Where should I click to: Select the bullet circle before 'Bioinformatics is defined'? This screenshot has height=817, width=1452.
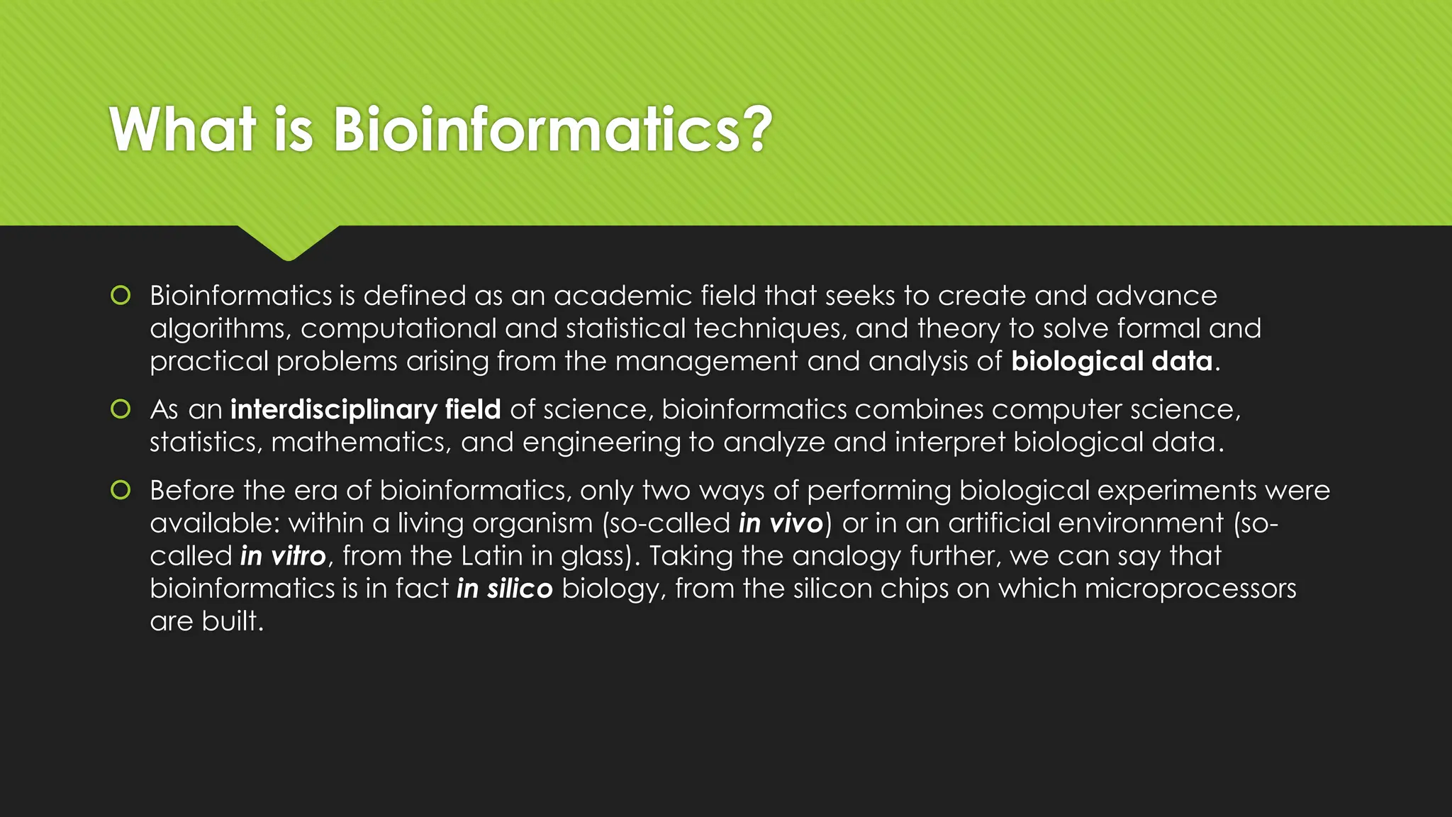tap(121, 295)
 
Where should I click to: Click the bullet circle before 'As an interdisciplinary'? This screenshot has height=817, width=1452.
tap(121, 409)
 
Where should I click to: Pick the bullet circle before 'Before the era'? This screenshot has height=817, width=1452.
tap(121, 490)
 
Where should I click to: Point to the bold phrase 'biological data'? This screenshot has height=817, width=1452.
tap(1111, 362)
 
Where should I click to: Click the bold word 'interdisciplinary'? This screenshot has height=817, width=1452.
tap(333, 410)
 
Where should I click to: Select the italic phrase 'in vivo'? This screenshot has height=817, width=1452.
tap(781, 523)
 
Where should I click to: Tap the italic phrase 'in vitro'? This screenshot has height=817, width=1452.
tap(283, 556)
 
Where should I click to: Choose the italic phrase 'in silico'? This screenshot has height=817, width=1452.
tap(504, 589)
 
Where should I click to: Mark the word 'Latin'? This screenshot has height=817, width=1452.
tap(491, 556)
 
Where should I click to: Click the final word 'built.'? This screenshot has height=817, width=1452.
tap(233, 621)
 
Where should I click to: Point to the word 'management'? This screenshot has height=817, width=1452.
tap(706, 362)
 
